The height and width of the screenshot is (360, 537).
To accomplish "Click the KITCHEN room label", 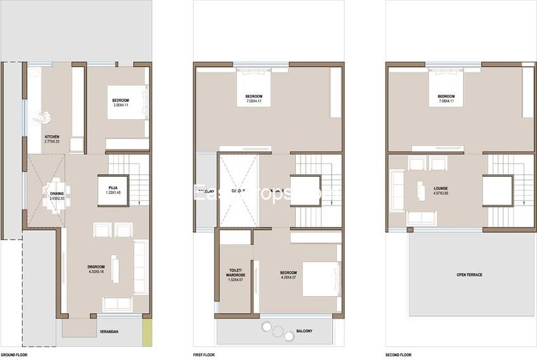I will point(52,137).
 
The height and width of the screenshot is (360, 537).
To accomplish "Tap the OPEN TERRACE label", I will point(469,275).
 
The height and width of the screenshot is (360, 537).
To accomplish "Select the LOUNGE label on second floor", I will point(441,189).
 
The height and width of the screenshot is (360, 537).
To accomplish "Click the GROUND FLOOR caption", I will point(13,354).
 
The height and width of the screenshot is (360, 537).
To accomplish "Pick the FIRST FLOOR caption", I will point(205,354).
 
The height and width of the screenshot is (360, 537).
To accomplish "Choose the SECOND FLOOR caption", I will point(398,354).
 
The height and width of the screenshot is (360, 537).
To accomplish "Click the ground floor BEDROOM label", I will point(121,100).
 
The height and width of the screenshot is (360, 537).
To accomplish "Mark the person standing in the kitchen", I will point(45,117).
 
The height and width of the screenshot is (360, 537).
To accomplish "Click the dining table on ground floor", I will point(56,190).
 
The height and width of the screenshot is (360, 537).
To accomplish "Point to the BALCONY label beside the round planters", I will point(304,331).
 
